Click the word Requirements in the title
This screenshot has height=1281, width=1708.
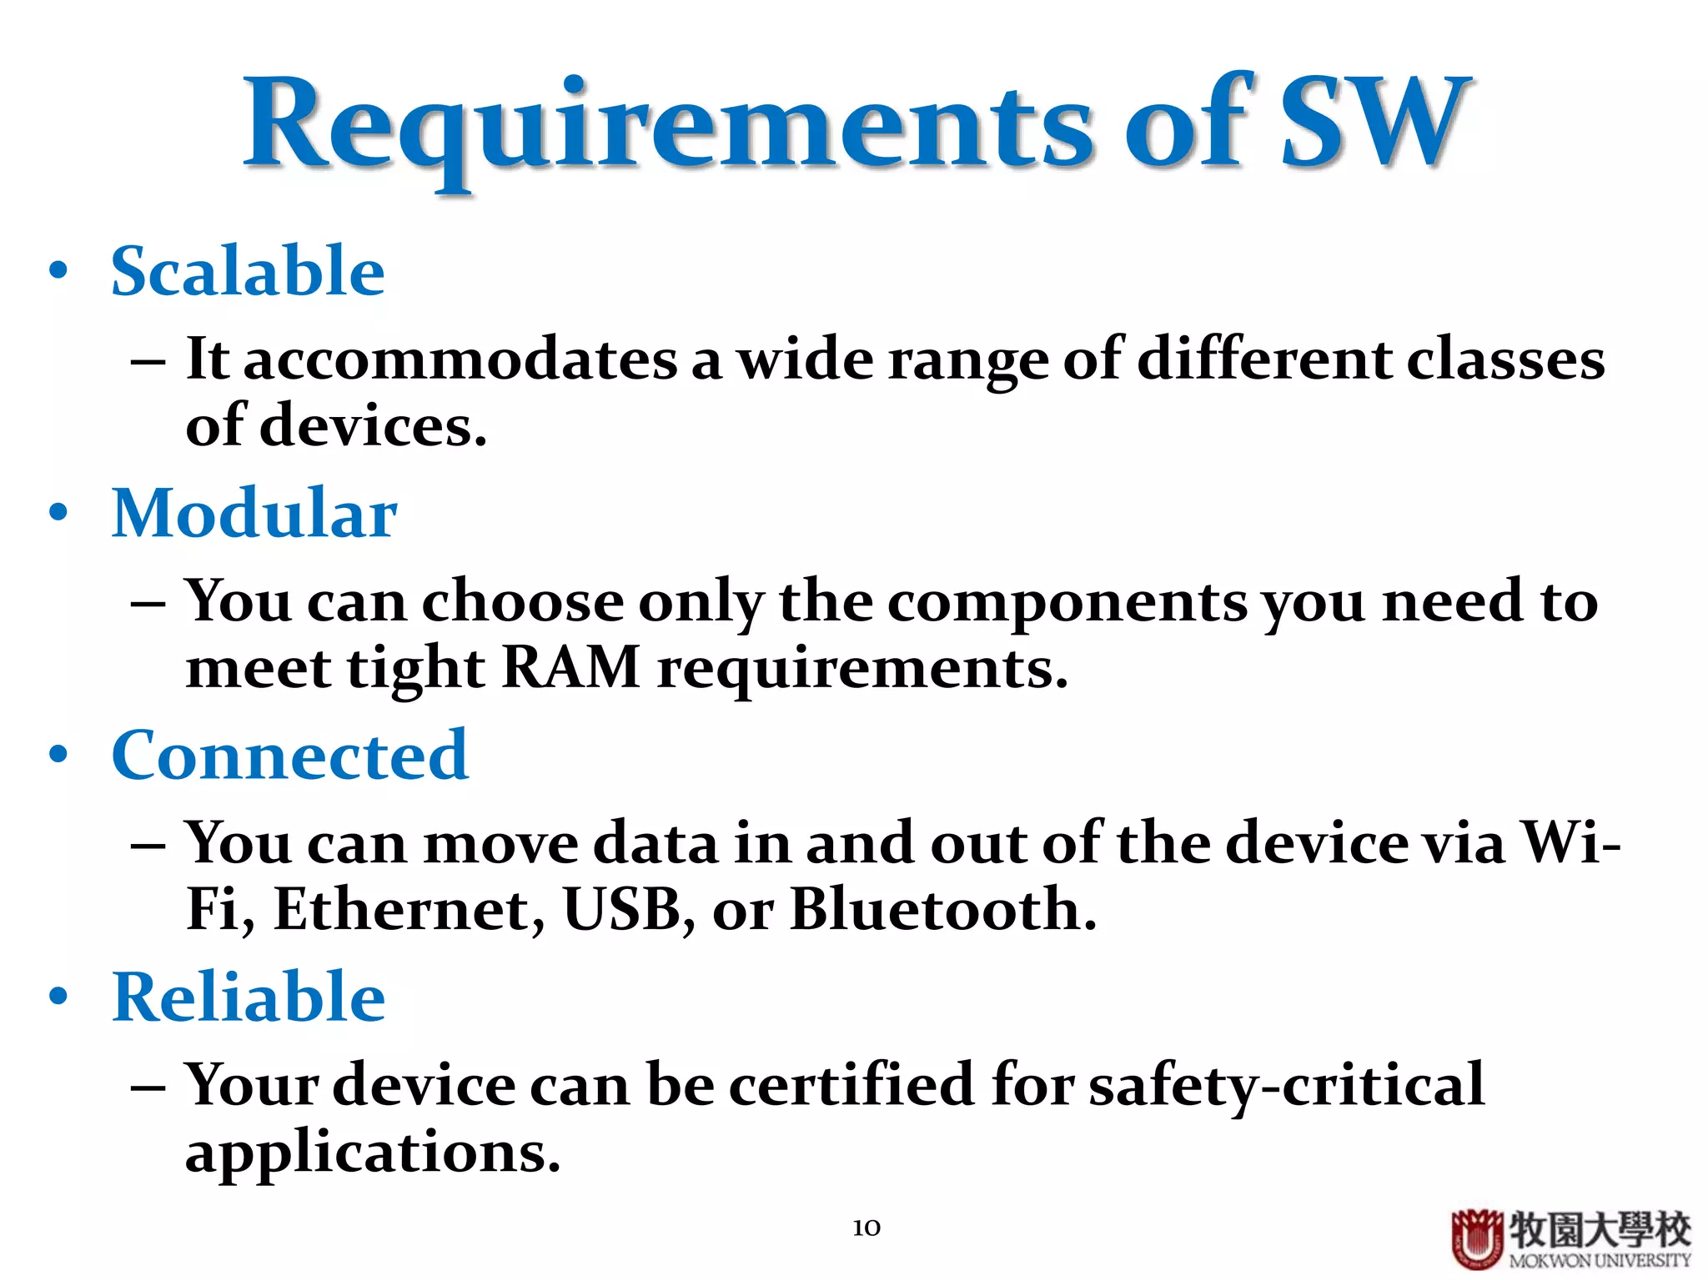tap(667, 125)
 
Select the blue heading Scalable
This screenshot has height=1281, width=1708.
tap(248, 272)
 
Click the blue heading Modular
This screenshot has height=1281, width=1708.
tap(254, 514)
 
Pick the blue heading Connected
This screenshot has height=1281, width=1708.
tap(290, 756)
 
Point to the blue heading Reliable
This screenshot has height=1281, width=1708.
tap(249, 997)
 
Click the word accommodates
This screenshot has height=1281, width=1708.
tap(460, 360)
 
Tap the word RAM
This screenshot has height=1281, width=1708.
tap(571, 669)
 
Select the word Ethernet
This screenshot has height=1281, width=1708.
tap(409, 911)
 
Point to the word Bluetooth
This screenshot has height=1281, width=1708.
tap(942, 911)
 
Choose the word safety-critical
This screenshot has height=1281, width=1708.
tap(1286, 1086)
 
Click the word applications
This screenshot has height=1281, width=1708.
tap(372, 1154)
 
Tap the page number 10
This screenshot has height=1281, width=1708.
tap(867, 1228)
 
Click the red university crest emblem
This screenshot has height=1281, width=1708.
tap(1476, 1238)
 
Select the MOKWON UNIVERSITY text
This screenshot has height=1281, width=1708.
tap(1600, 1261)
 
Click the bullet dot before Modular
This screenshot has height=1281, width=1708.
tap(58, 512)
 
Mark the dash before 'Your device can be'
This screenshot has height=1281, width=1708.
tap(148, 1089)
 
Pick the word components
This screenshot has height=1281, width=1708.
tap(1067, 602)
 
